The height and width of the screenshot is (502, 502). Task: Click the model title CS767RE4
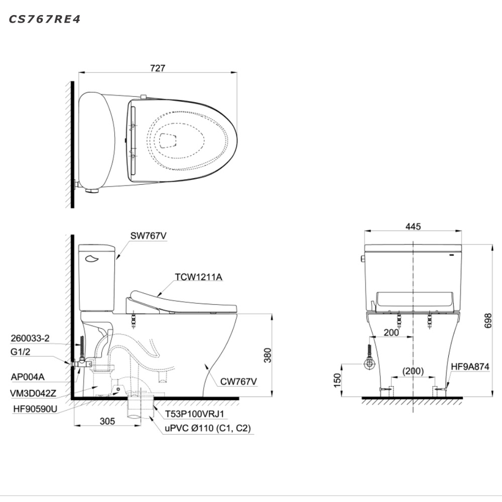(45, 20)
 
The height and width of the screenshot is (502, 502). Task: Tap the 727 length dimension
(158, 68)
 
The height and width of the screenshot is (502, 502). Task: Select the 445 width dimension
(413, 226)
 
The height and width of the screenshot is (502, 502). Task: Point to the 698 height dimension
(488, 320)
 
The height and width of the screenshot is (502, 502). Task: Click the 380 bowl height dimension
(268, 355)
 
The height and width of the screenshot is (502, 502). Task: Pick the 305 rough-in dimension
(107, 421)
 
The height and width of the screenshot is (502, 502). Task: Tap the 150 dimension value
(337, 380)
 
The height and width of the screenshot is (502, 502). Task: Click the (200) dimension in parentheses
(413, 371)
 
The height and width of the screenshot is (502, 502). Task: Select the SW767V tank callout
(148, 236)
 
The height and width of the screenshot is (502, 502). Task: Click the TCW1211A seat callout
(198, 277)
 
